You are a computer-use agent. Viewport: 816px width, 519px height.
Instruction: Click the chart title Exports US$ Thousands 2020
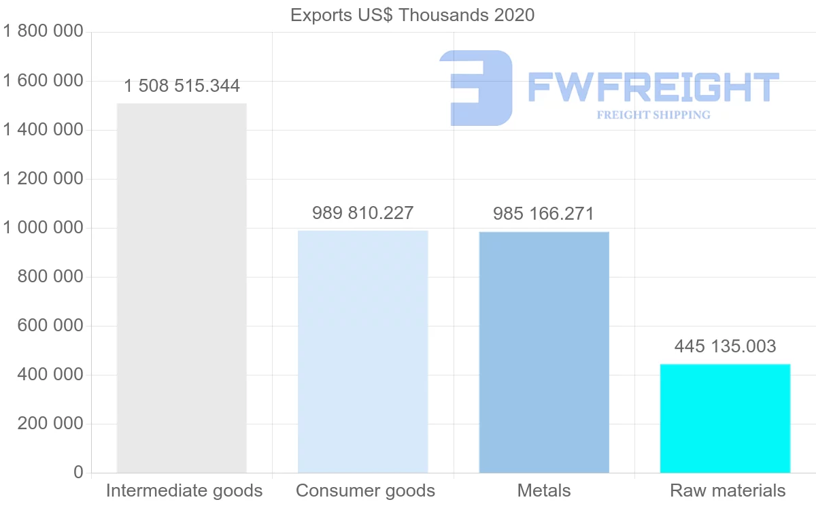[x=412, y=15]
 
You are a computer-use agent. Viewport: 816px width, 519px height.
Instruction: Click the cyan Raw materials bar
[x=725, y=418]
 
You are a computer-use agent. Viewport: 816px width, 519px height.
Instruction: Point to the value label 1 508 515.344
[x=182, y=86]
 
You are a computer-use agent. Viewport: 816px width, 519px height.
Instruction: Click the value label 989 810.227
[x=362, y=214]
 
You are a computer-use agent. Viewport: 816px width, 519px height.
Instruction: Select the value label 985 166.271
[x=544, y=214]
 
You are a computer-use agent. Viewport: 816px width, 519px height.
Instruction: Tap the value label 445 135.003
[x=725, y=347]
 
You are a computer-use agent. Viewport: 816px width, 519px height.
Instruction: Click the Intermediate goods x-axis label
[x=184, y=491]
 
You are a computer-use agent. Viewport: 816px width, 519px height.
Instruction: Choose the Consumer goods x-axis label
[x=365, y=491]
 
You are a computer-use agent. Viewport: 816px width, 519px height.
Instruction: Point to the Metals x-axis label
[x=544, y=491]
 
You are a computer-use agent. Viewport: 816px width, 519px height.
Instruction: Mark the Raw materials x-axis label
[x=728, y=491]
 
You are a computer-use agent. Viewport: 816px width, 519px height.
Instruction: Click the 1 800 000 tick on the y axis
[x=43, y=32]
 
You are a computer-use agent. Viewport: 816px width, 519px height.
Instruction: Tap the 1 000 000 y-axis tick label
[x=43, y=228]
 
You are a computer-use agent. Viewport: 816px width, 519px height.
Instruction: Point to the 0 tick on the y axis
[x=78, y=473]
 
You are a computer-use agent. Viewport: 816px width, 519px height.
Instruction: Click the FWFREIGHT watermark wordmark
[x=653, y=87]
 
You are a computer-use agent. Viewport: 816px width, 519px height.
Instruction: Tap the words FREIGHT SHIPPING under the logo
[x=653, y=115]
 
